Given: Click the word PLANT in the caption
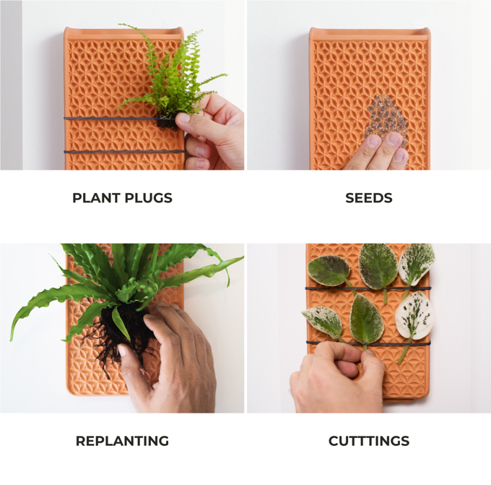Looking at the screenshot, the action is click(x=96, y=198).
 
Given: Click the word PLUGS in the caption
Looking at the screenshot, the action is click(x=149, y=198).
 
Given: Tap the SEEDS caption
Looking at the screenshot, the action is click(x=368, y=198).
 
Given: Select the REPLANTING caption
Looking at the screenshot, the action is click(x=122, y=441).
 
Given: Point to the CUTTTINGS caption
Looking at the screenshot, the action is click(x=369, y=441).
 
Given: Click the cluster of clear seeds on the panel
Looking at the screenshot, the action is click(x=386, y=118).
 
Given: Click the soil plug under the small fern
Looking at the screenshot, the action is click(x=166, y=121).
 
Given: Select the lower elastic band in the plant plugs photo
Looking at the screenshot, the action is click(x=124, y=152).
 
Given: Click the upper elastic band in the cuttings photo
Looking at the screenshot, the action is click(x=368, y=288).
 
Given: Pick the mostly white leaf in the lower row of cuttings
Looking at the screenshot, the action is click(x=413, y=315).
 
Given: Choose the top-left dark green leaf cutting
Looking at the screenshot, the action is click(x=329, y=270).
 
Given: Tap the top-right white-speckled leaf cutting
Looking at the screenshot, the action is click(x=416, y=265).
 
